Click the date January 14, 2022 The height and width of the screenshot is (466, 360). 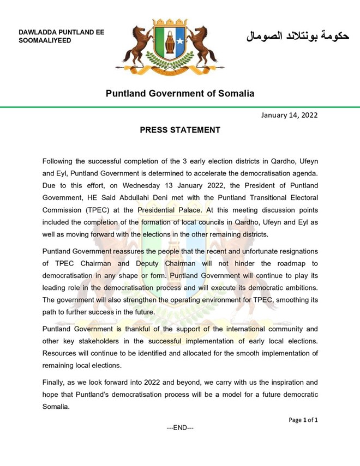(289, 115)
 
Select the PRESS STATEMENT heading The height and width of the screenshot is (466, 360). (180, 130)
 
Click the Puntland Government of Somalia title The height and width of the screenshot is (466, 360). (180, 93)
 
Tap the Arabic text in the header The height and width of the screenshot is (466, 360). (298, 37)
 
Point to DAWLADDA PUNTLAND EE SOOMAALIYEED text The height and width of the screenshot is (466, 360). (61, 37)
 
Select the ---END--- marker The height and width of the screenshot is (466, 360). (180, 428)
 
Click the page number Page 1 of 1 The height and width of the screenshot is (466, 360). (303, 420)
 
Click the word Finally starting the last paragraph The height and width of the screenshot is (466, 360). (56, 383)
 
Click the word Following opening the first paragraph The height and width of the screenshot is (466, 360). (62, 161)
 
